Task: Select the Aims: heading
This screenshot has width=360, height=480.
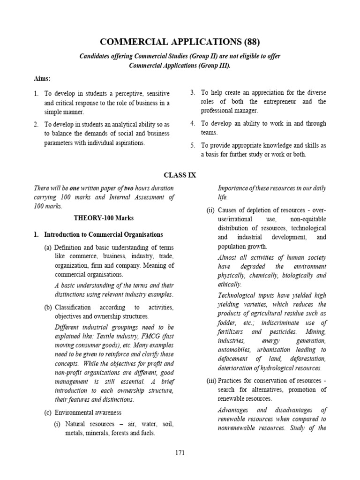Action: [x=43, y=79]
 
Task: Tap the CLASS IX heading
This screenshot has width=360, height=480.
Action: [x=180, y=175]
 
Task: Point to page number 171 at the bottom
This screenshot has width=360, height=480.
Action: [x=180, y=453]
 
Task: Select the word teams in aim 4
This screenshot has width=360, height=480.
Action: [x=210, y=133]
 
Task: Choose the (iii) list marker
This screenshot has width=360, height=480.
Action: [x=210, y=380]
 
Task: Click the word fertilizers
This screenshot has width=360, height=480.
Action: [x=232, y=332]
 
